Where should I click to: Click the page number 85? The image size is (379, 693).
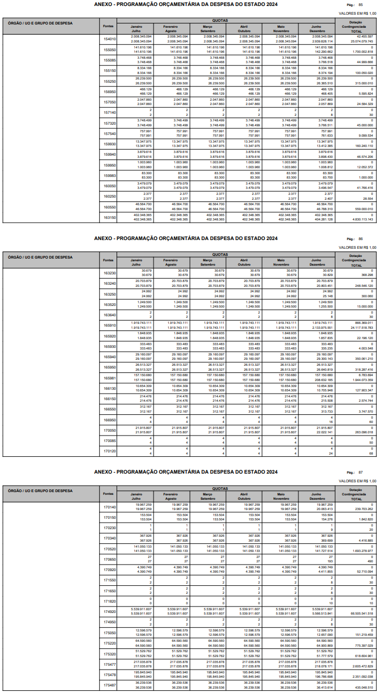coord(360,5)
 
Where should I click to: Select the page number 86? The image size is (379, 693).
coord(360,239)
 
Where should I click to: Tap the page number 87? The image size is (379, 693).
coord(360,473)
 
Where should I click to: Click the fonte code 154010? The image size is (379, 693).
coord(110,39)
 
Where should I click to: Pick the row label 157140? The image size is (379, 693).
coord(110,113)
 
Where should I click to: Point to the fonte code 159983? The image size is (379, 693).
coord(110,175)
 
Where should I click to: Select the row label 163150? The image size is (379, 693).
coord(110,217)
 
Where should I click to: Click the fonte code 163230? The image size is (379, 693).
coord(110,273)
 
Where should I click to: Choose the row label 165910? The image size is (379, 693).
coord(110,325)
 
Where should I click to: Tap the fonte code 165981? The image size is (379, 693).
coord(110,378)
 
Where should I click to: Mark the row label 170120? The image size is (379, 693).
coord(110,451)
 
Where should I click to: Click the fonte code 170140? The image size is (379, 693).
coord(110,507)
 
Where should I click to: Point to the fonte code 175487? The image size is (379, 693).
coord(110,685)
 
